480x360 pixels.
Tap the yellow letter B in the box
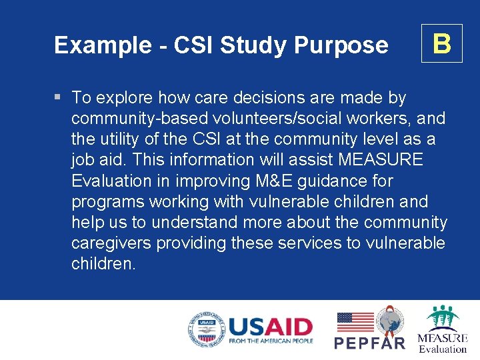[x=441, y=43]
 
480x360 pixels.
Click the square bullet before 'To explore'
[x=58, y=97]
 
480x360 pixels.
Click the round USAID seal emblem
[x=205, y=330]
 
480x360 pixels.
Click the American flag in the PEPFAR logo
[x=355, y=322]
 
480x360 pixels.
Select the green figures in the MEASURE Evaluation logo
[x=443, y=318]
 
